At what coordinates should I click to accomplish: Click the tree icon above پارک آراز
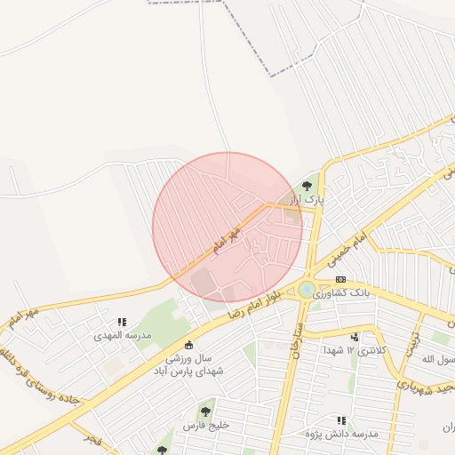(x=307, y=186)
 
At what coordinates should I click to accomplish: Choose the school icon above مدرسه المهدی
(x=122, y=323)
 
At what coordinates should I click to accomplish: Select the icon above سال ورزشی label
(x=188, y=345)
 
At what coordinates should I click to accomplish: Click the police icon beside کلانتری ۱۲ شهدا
(x=355, y=337)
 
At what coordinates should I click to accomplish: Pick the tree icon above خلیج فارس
(x=205, y=411)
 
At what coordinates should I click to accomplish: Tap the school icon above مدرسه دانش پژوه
(x=341, y=420)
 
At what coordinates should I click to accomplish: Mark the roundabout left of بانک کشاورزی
(x=307, y=289)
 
